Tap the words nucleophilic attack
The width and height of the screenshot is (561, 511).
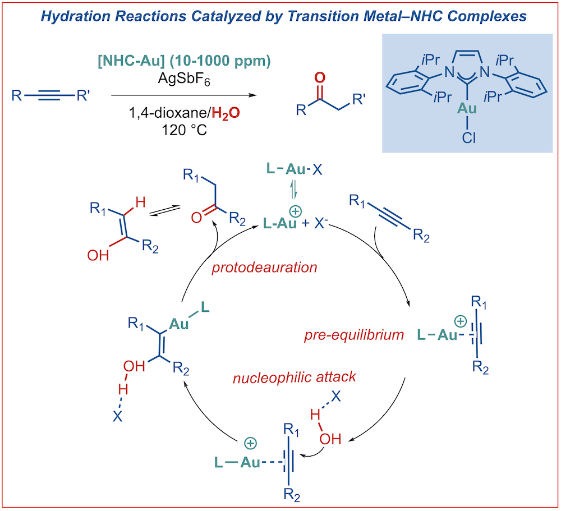[x=294, y=377]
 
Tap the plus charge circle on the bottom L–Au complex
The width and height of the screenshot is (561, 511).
[x=250, y=443]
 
